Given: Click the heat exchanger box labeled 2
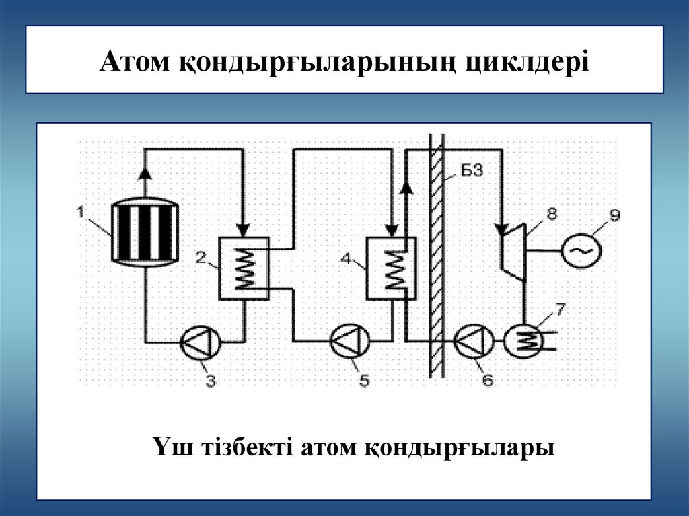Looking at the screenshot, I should click(x=244, y=268).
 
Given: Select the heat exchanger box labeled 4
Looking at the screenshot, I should click(x=390, y=268).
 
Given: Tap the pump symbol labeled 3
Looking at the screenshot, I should click(x=201, y=342).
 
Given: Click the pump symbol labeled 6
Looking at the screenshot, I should click(x=474, y=342).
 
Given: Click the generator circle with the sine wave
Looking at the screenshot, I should click(x=581, y=250).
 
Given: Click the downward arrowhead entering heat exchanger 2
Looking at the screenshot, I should click(x=244, y=229).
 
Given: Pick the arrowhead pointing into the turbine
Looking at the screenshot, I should click(x=501, y=229).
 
